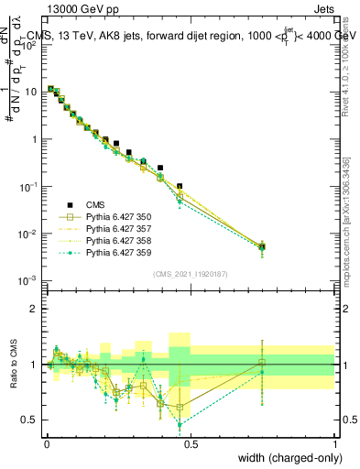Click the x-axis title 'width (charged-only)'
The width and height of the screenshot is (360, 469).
click(x=284, y=457)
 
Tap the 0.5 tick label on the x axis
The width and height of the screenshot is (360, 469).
click(x=191, y=442)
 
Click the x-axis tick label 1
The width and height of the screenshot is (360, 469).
click(x=335, y=442)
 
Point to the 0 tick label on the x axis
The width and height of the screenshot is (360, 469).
click(x=47, y=442)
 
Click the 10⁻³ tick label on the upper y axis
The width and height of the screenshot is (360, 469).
click(x=30, y=280)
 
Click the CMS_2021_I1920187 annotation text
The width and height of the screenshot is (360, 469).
click(x=191, y=273)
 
